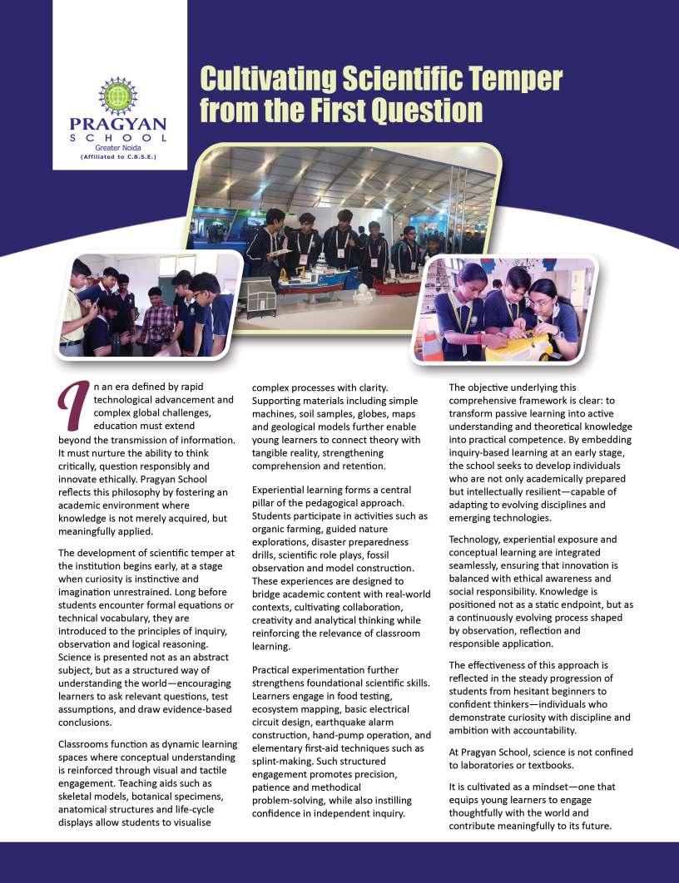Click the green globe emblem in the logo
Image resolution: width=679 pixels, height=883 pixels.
pos(118,96)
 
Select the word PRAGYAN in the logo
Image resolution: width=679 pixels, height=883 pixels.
pos(118,125)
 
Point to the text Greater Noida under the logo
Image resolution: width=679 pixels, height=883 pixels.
pos(118,147)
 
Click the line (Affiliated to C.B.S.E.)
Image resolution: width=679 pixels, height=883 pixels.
pos(118,156)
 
